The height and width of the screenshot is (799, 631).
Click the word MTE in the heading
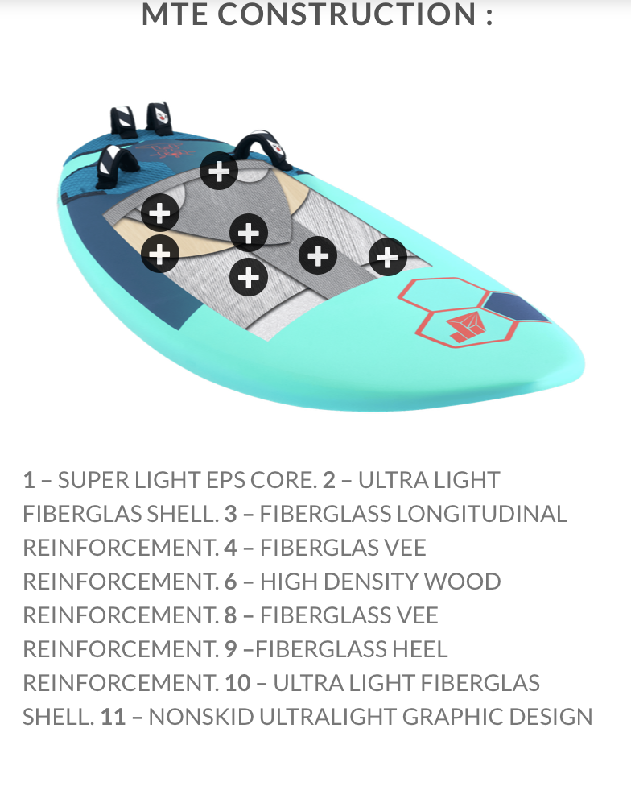coord(174,14)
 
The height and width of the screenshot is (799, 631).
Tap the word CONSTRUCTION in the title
coord(346,14)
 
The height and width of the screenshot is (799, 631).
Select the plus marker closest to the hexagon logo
coord(388,257)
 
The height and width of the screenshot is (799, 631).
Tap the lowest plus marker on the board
coord(249,278)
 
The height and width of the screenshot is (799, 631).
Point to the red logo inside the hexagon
coord(465,328)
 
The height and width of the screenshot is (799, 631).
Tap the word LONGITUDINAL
coord(481,514)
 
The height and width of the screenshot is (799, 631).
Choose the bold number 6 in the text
coord(231,582)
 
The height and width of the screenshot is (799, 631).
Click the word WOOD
coord(463,582)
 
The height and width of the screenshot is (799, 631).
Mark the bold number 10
coord(238,683)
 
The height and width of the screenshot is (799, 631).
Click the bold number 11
coord(113,717)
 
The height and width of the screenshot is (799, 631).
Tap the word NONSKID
coord(201,717)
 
